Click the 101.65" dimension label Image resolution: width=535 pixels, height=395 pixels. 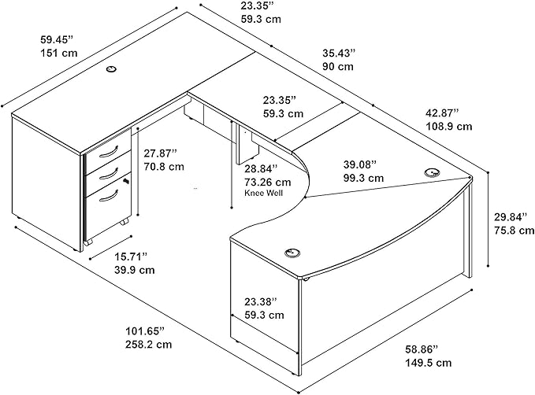pyautogui.click(x=145, y=331)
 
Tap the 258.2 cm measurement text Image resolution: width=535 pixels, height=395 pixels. pyautogui.click(x=149, y=344)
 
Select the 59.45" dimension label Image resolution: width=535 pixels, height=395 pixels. pyautogui.click(x=57, y=39)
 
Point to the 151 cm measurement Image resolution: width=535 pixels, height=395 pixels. pyautogui.click(x=59, y=54)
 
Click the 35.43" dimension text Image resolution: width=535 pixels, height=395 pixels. pyautogui.click(x=339, y=54)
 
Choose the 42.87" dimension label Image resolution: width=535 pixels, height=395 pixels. pyautogui.click(x=443, y=113)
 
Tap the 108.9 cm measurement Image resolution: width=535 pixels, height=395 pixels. pyautogui.click(x=449, y=127)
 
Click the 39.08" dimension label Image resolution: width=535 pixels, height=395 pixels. pyautogui.click(x=360, y=164)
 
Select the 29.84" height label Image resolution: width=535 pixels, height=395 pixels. pyautogui.click(x=511, y=216)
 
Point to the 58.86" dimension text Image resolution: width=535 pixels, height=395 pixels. pyautogui.click(x=422, y=349)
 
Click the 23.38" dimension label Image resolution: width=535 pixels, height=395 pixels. pyautogui.click(x=261, y=301)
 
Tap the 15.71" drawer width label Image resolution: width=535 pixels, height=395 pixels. pyautogui.click(x=131, y=256)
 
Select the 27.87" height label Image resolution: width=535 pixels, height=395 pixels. pyautogui.click(x=160, y=153)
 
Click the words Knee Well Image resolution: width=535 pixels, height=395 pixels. pyautogui.click(x=263, y=194)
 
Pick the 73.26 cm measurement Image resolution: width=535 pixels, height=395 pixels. pyautogui.click(x=268, y=183)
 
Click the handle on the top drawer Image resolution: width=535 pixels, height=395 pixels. pyautogui.click(x=109, y=152)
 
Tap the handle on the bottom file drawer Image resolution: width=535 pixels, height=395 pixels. pyautogui.click(x=109, y=197)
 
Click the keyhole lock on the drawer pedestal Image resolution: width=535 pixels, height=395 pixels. pyautogui.click(x=127, y=181)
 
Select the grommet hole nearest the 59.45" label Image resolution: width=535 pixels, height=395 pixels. pyautogui.click(x=111, y=69)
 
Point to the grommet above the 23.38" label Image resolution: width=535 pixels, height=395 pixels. pyautogui.click(x=292, y=253)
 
